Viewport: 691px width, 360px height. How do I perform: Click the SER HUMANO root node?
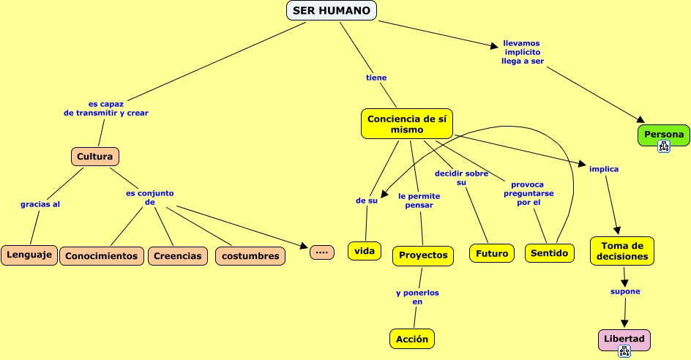click(332, 10)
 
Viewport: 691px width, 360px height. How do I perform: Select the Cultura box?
click(95, 157)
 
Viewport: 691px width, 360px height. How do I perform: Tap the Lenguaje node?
click(29, 255)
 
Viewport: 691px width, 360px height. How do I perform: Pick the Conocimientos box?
click(102, 256)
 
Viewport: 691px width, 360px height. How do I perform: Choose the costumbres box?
click(250, 256)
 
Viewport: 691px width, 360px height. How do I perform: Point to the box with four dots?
click(322, 252)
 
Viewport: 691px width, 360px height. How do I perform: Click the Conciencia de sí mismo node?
click(407, 124)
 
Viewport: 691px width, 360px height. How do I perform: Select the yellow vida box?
click(365, 251)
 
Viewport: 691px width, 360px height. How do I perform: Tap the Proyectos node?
click(424, 255)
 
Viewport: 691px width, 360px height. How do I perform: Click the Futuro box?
click(492, 254)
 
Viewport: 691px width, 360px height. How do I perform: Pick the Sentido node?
click(550, 253)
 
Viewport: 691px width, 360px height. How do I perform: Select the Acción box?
click(412, 339)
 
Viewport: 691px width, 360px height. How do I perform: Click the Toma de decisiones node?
click(622, 251)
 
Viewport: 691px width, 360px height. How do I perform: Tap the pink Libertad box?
click(624, 340)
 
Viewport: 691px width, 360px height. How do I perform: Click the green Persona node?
click(664, 135)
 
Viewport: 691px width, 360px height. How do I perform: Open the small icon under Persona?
click(664, 146)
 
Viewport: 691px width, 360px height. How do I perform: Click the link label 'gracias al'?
click(40, 204)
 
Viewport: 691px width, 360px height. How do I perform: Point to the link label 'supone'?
click(625, 291)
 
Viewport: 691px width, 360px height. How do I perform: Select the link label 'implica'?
click(604, 169)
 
